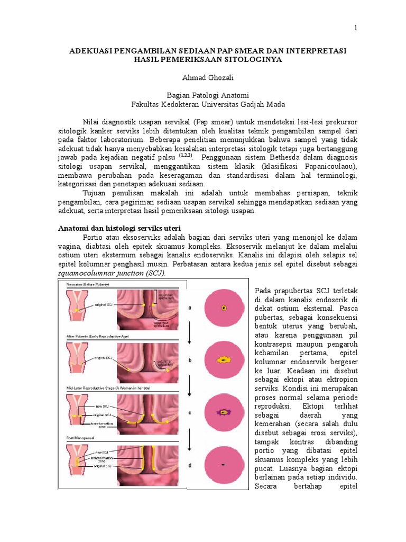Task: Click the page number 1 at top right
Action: (356, 28)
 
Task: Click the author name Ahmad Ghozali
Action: (204, 77)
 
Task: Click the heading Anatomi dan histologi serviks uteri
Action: (118, 227)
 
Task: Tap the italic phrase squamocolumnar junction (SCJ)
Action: (111, 273)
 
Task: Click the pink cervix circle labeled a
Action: (224, 307)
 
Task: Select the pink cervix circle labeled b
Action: (224, 359)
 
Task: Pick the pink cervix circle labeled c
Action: (224, 411)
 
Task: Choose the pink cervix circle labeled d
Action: (224, 464)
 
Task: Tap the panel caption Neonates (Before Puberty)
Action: (86, 285)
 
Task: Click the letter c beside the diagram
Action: (189, 412)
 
